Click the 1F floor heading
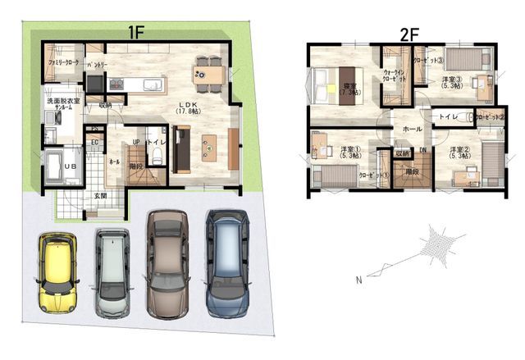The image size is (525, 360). [135, 33]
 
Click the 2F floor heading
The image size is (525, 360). [409, 34]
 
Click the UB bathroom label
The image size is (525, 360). [48, 164]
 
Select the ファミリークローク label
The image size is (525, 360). [63, 62]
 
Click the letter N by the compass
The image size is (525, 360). [358, 280]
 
